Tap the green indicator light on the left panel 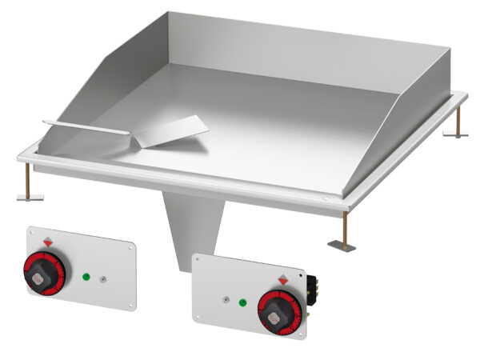(85, 277)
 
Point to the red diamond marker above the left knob (49, 241)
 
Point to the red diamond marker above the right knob (282, 279)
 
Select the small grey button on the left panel (102, 279)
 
